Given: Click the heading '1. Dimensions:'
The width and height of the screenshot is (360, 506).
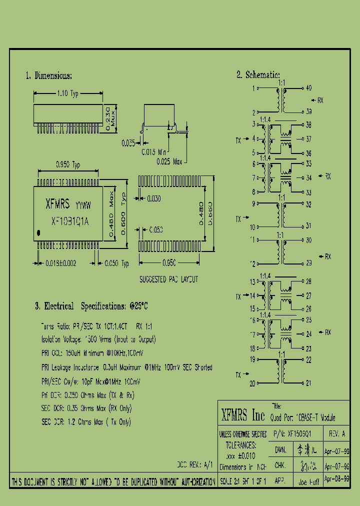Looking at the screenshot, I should point(49,76).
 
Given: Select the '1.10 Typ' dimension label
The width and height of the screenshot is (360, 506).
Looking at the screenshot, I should point(67,93).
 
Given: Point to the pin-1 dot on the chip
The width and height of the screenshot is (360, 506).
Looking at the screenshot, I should point(40,232).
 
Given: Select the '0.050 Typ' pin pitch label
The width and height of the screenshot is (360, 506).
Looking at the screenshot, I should point(116,263).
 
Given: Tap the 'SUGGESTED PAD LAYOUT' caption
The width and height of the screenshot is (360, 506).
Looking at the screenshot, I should point(168,279).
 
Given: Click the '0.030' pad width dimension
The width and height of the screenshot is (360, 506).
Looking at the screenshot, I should point(153,199).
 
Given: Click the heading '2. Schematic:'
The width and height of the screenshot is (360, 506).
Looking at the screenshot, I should point(258,75).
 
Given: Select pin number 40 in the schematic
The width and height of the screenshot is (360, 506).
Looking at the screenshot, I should point(308,88).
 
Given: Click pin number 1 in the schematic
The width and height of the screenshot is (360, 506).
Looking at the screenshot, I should point(253,88).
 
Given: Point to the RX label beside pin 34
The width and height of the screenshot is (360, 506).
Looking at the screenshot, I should point(328,176).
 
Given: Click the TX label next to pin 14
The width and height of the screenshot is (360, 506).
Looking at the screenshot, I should point(238,296).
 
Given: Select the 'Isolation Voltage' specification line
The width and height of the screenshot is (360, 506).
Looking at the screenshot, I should point(98,339).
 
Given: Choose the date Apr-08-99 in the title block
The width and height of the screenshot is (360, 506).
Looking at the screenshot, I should point(336,478).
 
